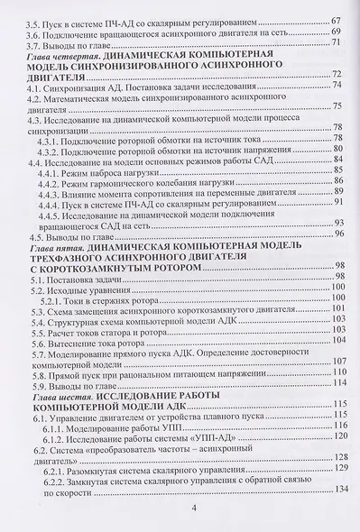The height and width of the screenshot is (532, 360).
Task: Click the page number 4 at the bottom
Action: [195, 509]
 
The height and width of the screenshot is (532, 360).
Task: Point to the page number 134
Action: [340, 489]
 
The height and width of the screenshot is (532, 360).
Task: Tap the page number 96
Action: [340, 232]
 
